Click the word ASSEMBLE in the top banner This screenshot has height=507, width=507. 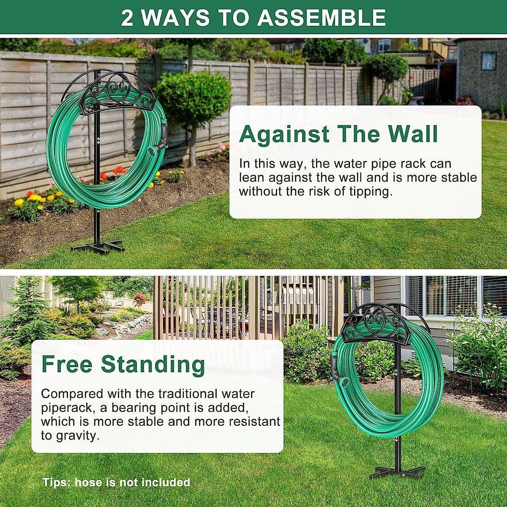322,18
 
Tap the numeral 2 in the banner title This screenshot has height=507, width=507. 127,18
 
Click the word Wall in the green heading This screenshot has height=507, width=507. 413,134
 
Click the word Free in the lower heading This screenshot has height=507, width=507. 67,364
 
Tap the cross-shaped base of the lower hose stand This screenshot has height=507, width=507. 397,471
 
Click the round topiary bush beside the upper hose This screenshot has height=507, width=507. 194,97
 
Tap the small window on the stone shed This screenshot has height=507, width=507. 488,61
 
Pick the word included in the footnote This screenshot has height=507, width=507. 165,482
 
